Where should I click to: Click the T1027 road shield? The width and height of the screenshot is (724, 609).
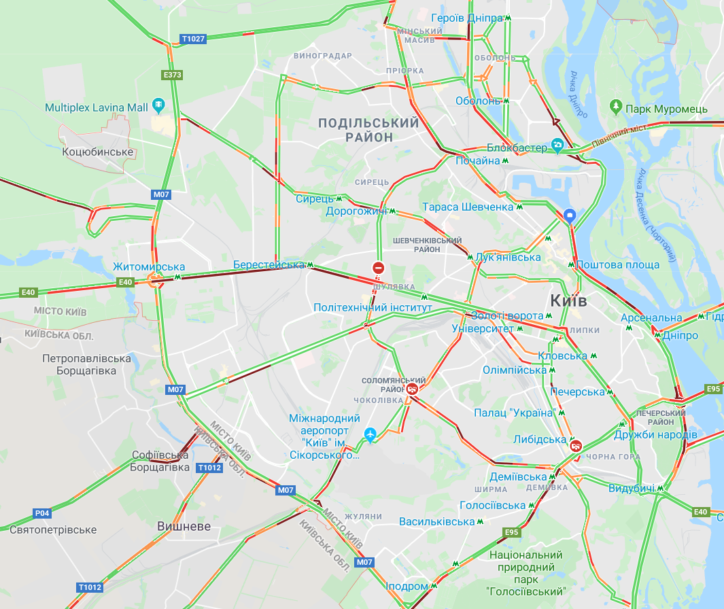click(x=193, y=39)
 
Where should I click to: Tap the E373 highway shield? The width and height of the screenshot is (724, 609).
click(x=173, y=75)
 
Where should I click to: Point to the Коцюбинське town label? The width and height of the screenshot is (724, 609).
click(x=98, y=152)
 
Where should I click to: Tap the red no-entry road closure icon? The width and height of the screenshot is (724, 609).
click(x=378, y=268)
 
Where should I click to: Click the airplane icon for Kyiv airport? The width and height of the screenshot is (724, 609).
click(x=370, y=434)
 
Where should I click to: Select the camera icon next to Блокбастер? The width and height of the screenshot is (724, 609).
click(x=557, y=144)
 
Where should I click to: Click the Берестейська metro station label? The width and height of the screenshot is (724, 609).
click(x=269, y=264)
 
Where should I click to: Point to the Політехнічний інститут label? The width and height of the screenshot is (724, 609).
click(x=373, y=307)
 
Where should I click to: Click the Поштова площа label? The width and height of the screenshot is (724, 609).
click(x=617, y=264)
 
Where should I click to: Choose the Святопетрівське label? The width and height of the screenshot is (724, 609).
click(x=53, y=529)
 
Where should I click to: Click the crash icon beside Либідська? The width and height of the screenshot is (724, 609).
click(x=576, y=447)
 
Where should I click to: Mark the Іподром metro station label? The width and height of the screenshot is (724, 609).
click(x=407, y=586)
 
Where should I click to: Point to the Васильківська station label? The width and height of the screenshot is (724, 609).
click(x=436, y=521)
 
